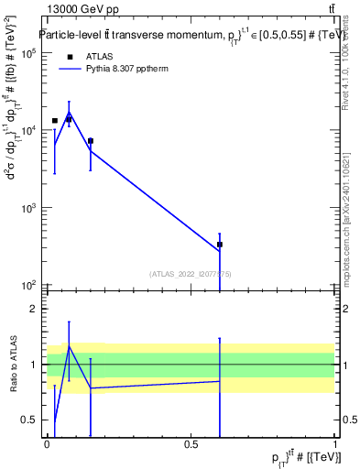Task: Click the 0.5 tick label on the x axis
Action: click(191, 444)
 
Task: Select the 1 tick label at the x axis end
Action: click(335, 444)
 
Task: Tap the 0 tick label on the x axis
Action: click(47, 444)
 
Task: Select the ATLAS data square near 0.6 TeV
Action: click(220, 245)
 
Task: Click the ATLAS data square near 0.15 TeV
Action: click(90, 141)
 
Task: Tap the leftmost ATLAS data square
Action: click(55, 120)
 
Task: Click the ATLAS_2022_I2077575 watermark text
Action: click(191, 273)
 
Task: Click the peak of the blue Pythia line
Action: click(69, 113)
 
